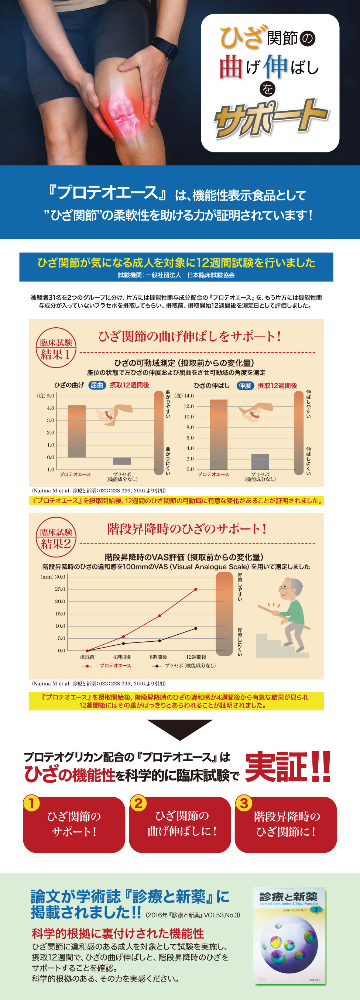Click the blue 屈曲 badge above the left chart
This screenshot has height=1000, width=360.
[97, 385]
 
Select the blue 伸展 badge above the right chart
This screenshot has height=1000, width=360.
[245, 386]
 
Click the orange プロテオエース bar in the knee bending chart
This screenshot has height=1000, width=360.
[76, 431]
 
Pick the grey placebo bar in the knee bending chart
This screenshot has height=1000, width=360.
[122, 461]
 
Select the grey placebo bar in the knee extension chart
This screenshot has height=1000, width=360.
[260, 462]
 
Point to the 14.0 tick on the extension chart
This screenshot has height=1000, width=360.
[189, 396]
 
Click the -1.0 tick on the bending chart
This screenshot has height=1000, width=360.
[50, 469]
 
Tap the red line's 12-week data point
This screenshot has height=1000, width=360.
[196, 589]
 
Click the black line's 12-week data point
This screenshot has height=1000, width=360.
[196, 628]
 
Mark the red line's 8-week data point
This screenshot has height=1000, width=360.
[159, 616]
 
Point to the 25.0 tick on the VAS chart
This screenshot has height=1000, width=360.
[60, 589]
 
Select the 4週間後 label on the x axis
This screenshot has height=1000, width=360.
[122, 657]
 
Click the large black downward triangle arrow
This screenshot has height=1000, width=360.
[180, 729]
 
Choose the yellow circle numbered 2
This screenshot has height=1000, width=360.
[138, 803]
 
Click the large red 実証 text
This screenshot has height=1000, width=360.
[276, 767]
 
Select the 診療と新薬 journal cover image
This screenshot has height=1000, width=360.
[289, 936]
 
